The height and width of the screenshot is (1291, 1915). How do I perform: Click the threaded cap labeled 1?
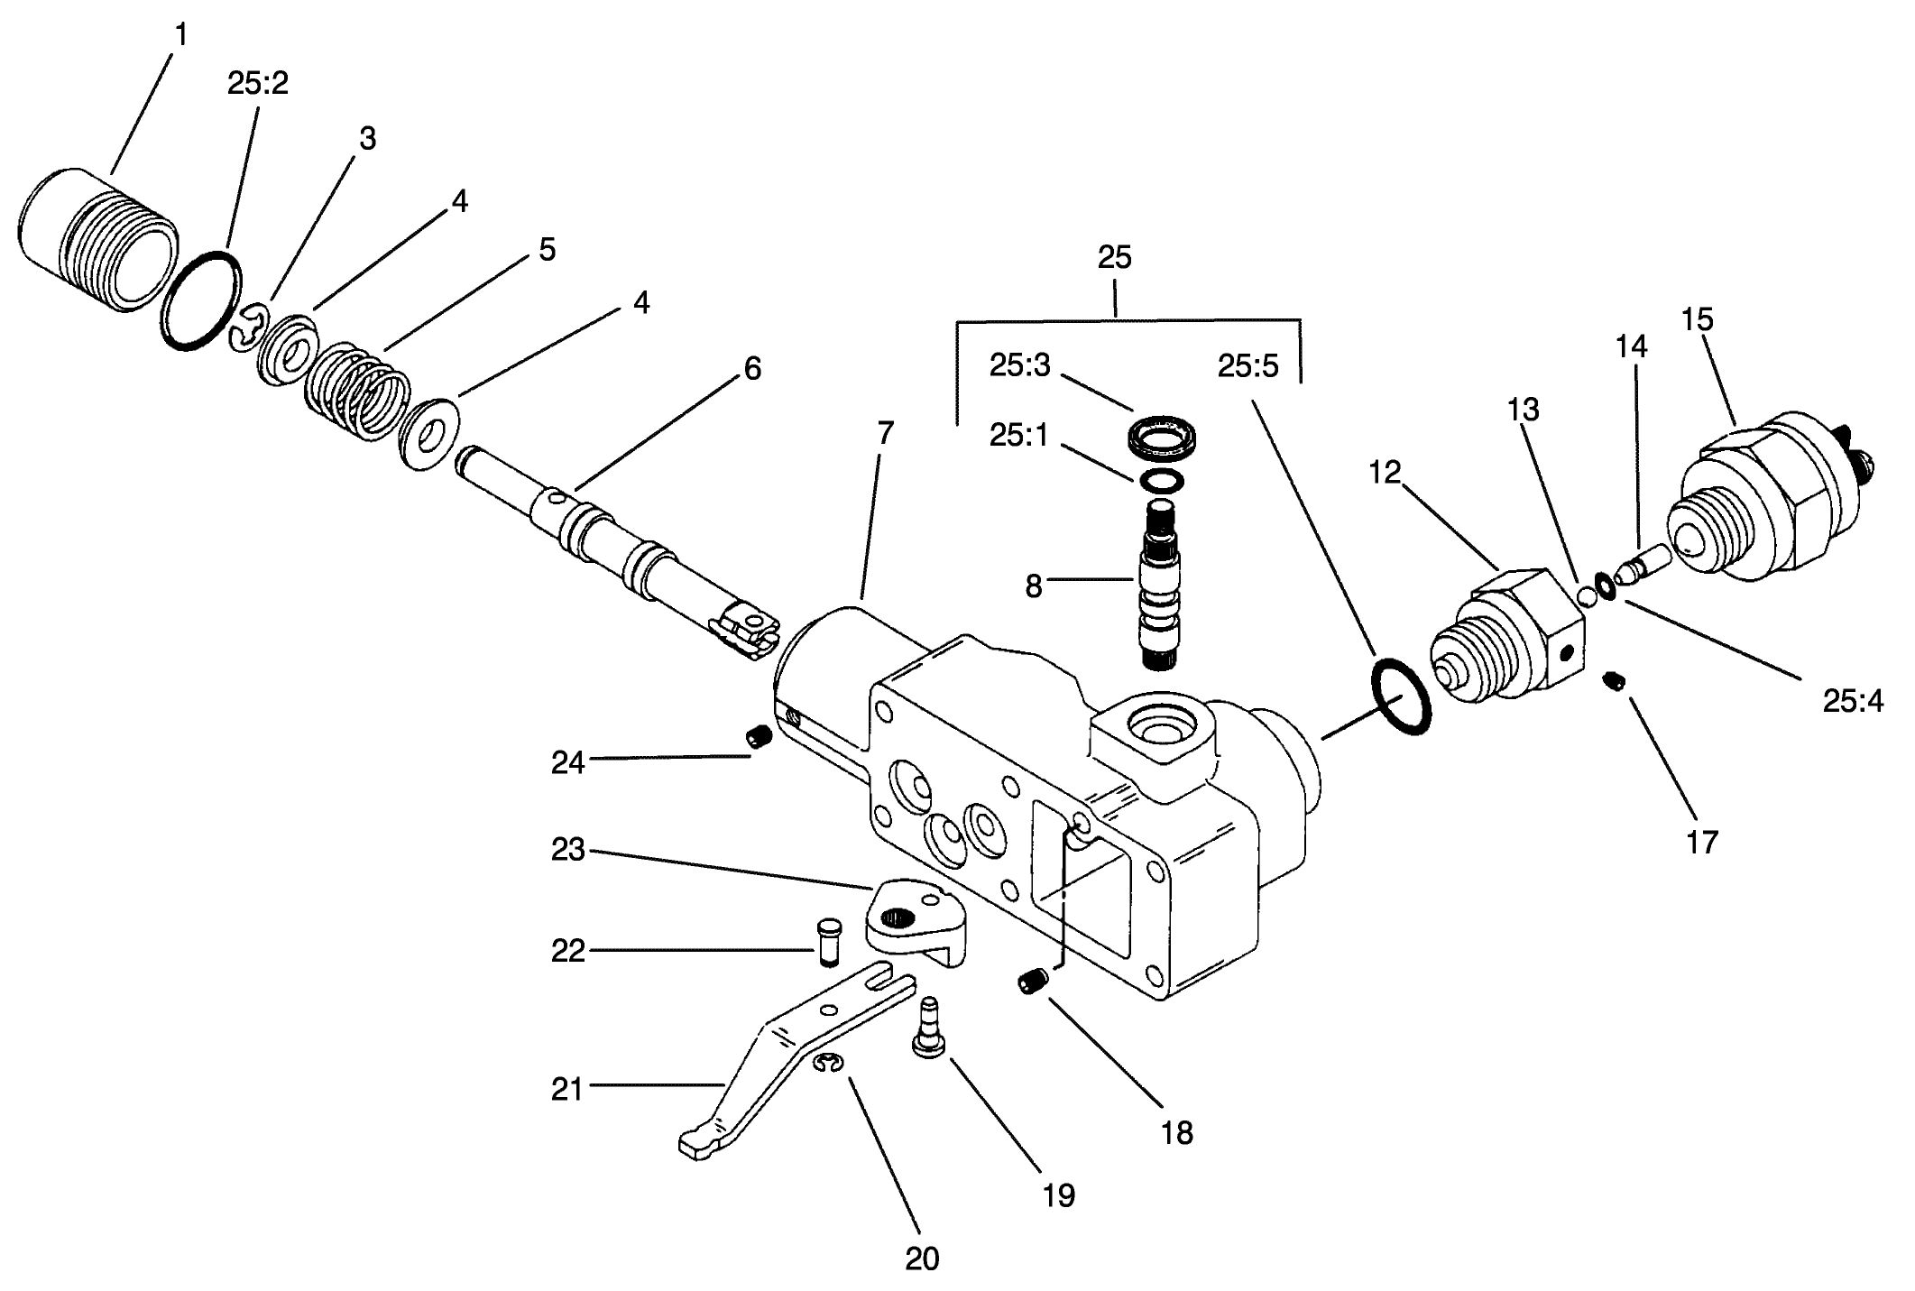tap(95, 239)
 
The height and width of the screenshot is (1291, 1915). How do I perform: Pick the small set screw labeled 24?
tap(759, 738)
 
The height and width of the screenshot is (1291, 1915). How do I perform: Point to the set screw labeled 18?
tap(1034, 982)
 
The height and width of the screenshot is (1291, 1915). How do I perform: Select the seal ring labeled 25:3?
tap(1165, 439)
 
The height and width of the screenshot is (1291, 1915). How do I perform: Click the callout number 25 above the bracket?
tap(1114, 258)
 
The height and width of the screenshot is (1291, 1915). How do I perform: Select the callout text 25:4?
tap(1853, 701)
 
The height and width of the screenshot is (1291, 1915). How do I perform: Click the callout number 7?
tap(885, 434)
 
